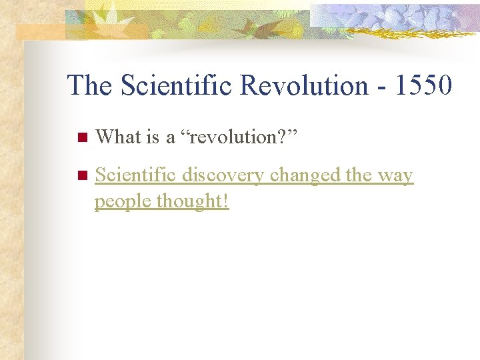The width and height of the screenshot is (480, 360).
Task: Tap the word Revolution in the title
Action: click(301, 85)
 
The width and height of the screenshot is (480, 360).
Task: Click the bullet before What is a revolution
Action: click(81, 138)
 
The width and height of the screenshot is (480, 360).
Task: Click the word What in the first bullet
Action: click(118, 137)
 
